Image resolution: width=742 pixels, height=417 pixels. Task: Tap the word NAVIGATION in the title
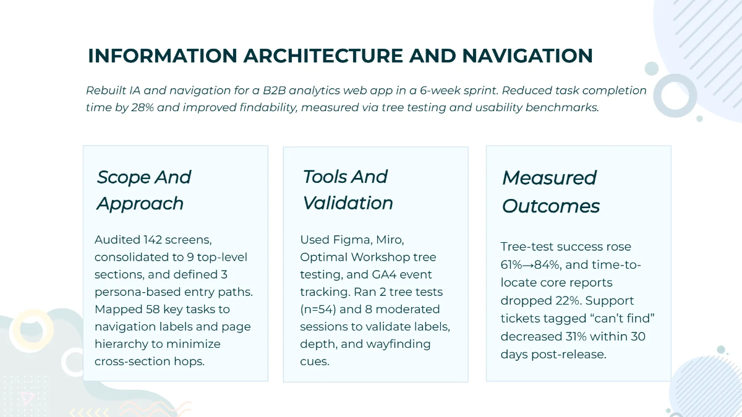point(527,56)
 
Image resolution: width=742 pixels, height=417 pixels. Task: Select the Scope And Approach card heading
point(144,190)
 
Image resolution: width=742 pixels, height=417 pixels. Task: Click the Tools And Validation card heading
point(348,190)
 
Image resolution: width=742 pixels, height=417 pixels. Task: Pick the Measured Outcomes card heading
point(550,192)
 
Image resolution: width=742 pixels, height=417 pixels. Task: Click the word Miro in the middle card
point(390,240)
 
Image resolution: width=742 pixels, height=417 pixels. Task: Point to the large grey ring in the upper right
point(675,95)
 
